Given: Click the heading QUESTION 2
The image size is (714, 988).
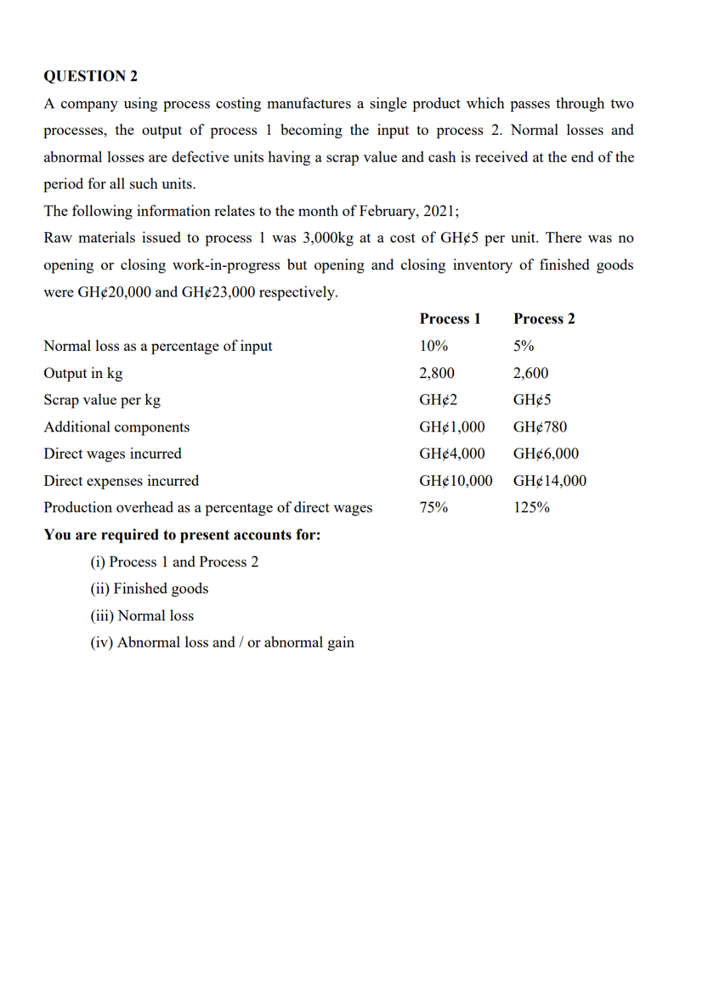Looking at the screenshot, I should click(91, 76).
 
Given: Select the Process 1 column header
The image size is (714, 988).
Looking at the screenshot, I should click(450, 319).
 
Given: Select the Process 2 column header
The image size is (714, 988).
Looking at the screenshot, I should click(543, 319).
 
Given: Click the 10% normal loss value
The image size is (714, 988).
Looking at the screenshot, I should click(433, 346).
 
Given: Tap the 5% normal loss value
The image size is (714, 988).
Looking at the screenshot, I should click(523, 346).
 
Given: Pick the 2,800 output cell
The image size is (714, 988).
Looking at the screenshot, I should click(436, 373).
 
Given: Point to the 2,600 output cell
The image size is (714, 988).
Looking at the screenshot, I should click(530, 373).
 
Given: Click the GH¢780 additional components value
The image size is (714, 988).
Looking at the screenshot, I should click(539, 427).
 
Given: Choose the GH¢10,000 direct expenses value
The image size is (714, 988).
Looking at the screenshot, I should click(456, 480).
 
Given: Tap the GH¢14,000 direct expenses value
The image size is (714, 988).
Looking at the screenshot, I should click(549, 480).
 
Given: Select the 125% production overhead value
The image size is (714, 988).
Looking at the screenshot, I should click(531, 508).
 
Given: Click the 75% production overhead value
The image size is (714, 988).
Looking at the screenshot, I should click(433, 508).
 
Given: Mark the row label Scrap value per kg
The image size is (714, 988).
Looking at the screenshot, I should click(102, 400).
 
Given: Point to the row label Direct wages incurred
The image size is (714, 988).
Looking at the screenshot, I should click(112, 454).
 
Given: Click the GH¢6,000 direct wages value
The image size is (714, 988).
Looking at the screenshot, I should click(545, 454).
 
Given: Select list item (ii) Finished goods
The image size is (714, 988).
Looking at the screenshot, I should click(149, 588).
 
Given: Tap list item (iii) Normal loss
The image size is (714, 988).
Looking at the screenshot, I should click(142, 615).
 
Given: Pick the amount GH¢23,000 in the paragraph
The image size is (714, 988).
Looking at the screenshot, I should click(218, 292).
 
